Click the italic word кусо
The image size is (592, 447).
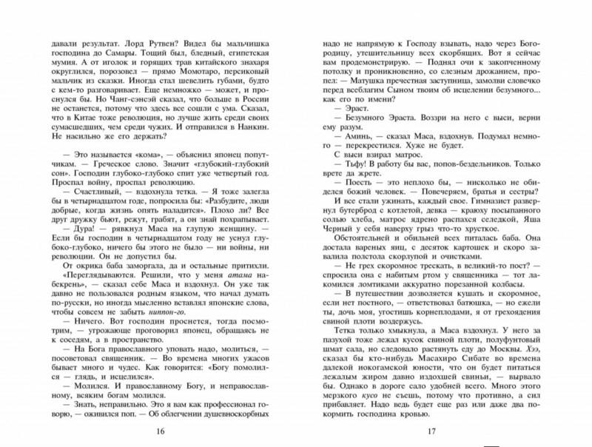point(369,412)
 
